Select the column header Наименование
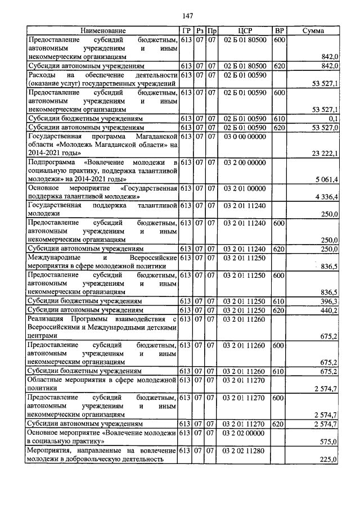(x=102, y=30)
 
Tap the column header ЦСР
(x=244, y=30)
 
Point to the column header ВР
(x=278, y=30)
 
